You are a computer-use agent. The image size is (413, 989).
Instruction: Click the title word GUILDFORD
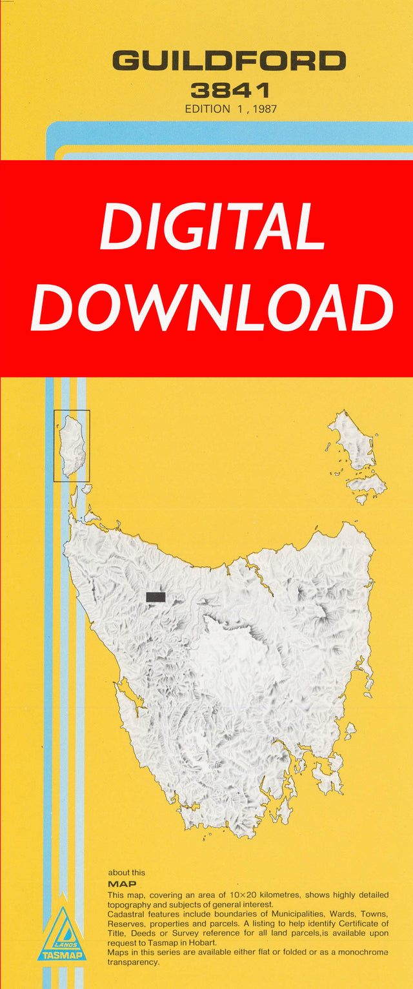point(229,61)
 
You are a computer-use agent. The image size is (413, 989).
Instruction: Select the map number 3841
point(229,90)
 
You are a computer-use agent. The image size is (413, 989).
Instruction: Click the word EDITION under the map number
point(207,109)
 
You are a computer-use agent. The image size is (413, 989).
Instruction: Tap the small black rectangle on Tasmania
point(156,597)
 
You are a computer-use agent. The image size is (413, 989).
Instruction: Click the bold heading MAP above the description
point(122,884)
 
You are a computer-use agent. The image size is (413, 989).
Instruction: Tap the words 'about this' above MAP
point(126,872)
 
